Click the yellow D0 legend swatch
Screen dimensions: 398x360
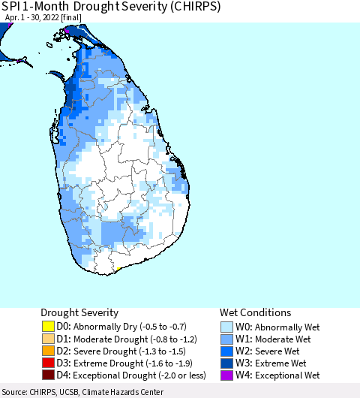(47, 327)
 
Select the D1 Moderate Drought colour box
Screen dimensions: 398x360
(47, 339)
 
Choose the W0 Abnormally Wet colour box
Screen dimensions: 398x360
(226, 327)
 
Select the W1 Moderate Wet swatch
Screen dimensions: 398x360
(226, 339)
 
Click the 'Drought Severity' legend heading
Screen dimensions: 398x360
(79, 312)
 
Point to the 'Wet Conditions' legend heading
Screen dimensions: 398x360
(255, 312)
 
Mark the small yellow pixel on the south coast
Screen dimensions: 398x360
(118, 268)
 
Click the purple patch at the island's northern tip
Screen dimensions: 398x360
(69, 29)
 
